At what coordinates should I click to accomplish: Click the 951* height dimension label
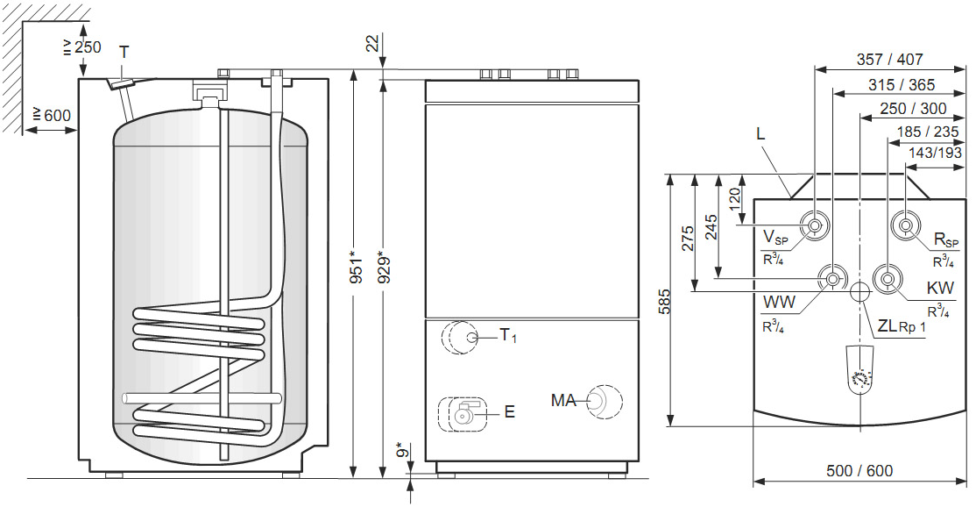click(356, 268)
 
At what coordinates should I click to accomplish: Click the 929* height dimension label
click(385, 268)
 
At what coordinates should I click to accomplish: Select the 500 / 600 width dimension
click(859, 471)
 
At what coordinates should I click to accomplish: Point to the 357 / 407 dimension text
click(889, 59)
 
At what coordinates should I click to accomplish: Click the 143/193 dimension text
click(935, 153)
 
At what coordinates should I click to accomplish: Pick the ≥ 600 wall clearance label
click(52, 115)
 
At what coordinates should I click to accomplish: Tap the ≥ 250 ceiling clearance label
click(82, 46)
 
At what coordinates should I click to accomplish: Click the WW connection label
click(779, 303)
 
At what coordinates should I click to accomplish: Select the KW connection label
click(941, 289)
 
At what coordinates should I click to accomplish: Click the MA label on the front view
click(564, 401)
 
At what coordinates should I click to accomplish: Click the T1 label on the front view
click(508, 336)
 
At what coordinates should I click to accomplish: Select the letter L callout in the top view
click(760, 134)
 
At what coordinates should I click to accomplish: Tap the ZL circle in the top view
click(859, 291)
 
